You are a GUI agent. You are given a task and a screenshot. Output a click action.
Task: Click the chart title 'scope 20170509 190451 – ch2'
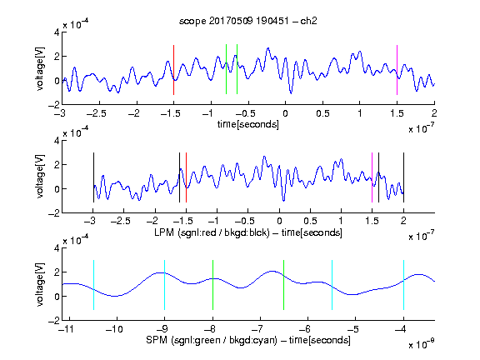pyautogui.click(x=247, y=21)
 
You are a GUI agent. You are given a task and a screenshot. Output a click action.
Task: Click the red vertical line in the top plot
pyautogui.click(x=173, y=70)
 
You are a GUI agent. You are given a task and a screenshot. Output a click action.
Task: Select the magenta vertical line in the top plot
pyautogui.click(x=397, y=70)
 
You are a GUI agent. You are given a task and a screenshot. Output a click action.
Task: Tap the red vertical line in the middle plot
pyautogui.click(x=186, y=177)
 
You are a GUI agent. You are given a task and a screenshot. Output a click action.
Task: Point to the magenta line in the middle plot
pyautogui.click(x=372, y=177)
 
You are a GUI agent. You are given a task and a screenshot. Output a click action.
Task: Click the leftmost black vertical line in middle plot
pyautogui.click(x=93, y=177)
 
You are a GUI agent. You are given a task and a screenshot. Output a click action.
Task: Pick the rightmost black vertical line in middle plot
pyautogui.click(x=403, y=177)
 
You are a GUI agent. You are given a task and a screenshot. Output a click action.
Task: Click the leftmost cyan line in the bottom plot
pyautogui.click(x=93, y=285)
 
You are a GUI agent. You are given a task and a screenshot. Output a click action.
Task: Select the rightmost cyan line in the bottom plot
pyautogui.click(x=403, y=285)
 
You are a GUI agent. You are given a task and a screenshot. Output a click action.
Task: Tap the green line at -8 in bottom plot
pyautogui.click(x=212, y=285)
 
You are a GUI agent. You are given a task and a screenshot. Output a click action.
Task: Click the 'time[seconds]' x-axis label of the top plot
pyautogui.click(x=248, y=125)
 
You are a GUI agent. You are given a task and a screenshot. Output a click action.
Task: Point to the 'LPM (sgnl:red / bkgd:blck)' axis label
pyautogui.click(x=212, y=232)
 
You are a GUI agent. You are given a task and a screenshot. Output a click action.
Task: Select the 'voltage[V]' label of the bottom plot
pyautogui.click(x=40, y=284)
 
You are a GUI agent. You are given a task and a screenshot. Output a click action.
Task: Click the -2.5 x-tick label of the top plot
pyautogui.click(x=96, y=114)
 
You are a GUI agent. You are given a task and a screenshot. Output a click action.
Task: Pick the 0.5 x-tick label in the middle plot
pyautogui.click(x=310, y=221)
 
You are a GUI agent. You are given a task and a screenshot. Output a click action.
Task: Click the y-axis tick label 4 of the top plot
pyautogui.click(x=57, y=32)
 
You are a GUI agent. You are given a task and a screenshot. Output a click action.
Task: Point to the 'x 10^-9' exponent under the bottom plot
pyautogui.click(x=422, y=344)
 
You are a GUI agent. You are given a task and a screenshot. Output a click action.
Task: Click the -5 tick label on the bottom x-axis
pyautogui.click(x=353, y=329)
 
